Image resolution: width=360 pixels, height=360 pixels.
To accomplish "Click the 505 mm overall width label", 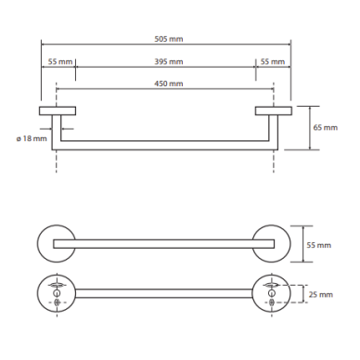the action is tap(169, 39).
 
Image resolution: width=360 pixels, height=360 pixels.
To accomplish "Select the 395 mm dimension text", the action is tap(169, 61).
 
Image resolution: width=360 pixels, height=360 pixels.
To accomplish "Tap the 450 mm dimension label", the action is tap(169, 84).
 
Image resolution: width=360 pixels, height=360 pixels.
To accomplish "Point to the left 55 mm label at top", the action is tap(60, 61).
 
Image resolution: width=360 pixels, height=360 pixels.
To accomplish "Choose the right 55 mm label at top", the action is tap(273, 61).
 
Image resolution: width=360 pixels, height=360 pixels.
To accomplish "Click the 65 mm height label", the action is tap(326, 127).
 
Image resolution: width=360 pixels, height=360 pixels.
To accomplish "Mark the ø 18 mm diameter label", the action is tap(32, 138).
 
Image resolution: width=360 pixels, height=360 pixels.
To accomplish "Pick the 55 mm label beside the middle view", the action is tap(319, 245).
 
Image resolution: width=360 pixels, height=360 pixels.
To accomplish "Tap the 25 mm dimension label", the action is tap(321, 294).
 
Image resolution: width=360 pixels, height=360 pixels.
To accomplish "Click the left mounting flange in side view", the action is tap(58, 110).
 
